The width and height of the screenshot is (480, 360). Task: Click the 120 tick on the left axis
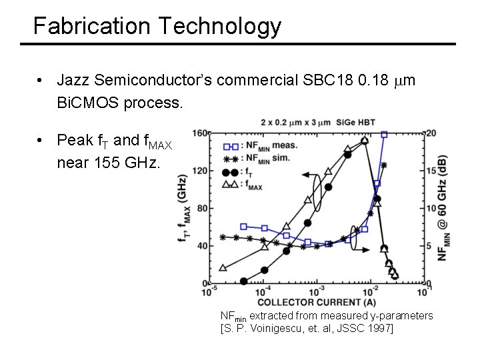pyautogui.click(x=199, y=171)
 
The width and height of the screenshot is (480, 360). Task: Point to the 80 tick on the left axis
pyautogui.click(x=201, y=208)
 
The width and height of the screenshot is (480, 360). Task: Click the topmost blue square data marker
pyautogui.click(x=384, y=134)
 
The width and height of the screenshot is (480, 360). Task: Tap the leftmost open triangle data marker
pyautogui.click(x=223, y=268)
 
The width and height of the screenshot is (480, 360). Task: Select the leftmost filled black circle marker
pyautogui.click(x=243, y=281)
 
